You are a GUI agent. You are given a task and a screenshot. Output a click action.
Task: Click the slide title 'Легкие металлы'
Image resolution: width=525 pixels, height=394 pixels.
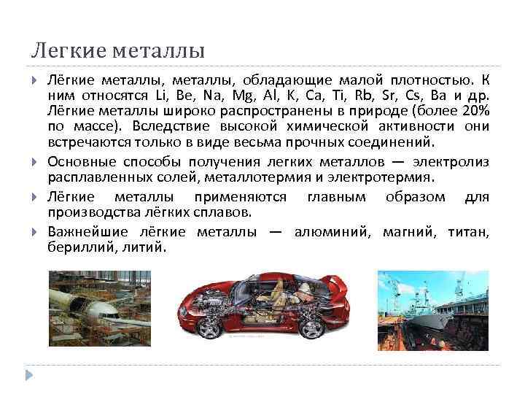tap(117, 52)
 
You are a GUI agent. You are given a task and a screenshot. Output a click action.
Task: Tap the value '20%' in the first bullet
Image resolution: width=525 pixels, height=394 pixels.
tap(473, 110)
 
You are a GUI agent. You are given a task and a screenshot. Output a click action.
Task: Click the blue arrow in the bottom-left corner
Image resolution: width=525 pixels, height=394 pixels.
tap(30, 374)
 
